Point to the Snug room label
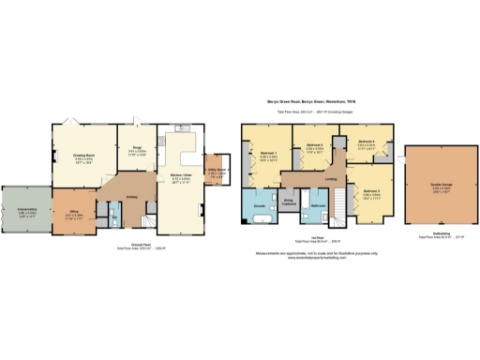tap(135, 148)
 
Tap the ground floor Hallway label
tap(131, 197)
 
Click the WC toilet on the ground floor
tap(114, 222)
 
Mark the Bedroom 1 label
tap(269, 157)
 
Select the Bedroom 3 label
tap(315, 147)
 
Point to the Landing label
tap(331, 180)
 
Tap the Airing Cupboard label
tap(291, 201)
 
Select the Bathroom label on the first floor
tap(319, 205)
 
